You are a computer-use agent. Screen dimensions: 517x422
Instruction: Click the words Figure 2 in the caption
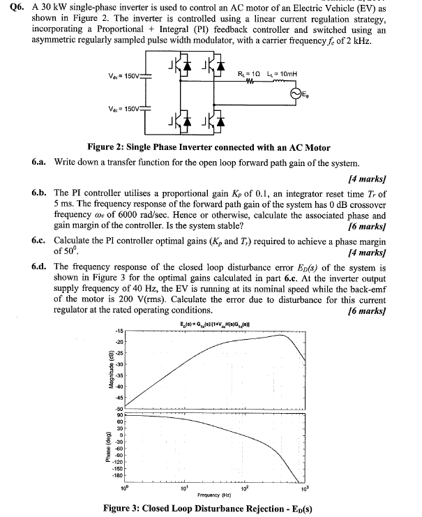coord(105,147)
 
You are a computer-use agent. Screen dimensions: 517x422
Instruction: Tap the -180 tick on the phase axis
coord(119,475)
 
